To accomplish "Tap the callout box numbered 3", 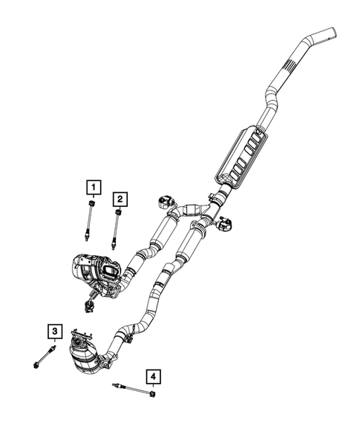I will click(x=54, y=332).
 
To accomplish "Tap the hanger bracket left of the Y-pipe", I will click(x=166, y=200).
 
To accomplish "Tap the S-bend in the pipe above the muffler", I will click(x=271, y=100).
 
